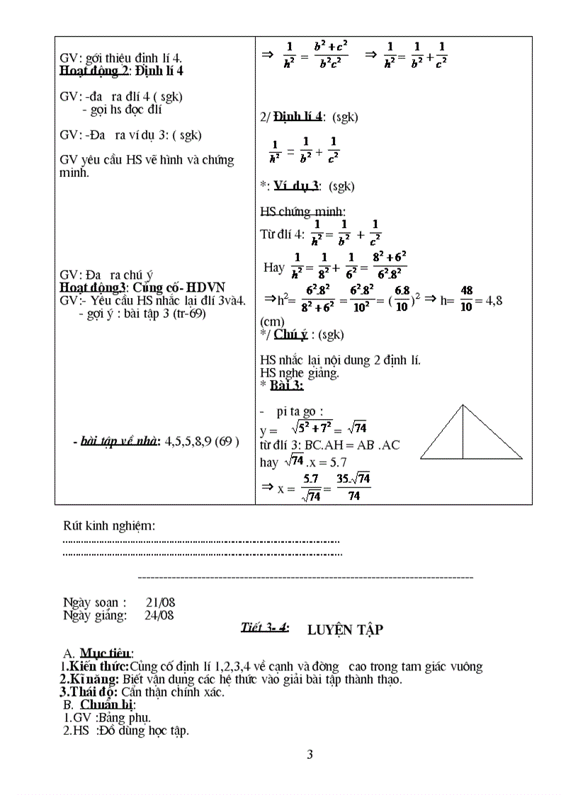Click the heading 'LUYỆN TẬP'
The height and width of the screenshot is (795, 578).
pos(345,629)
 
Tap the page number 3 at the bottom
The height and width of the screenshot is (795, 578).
pos(310,755)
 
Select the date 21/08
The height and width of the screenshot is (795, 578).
pos(160,602)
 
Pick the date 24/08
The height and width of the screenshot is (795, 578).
pos(159,615)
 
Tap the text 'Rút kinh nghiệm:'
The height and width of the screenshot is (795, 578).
pos(109,525)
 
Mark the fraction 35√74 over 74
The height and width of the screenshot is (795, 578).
pos(353,488)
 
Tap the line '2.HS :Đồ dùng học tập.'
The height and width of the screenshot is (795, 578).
pos(126,731)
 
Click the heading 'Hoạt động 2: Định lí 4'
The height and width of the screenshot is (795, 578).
pos(122,70)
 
